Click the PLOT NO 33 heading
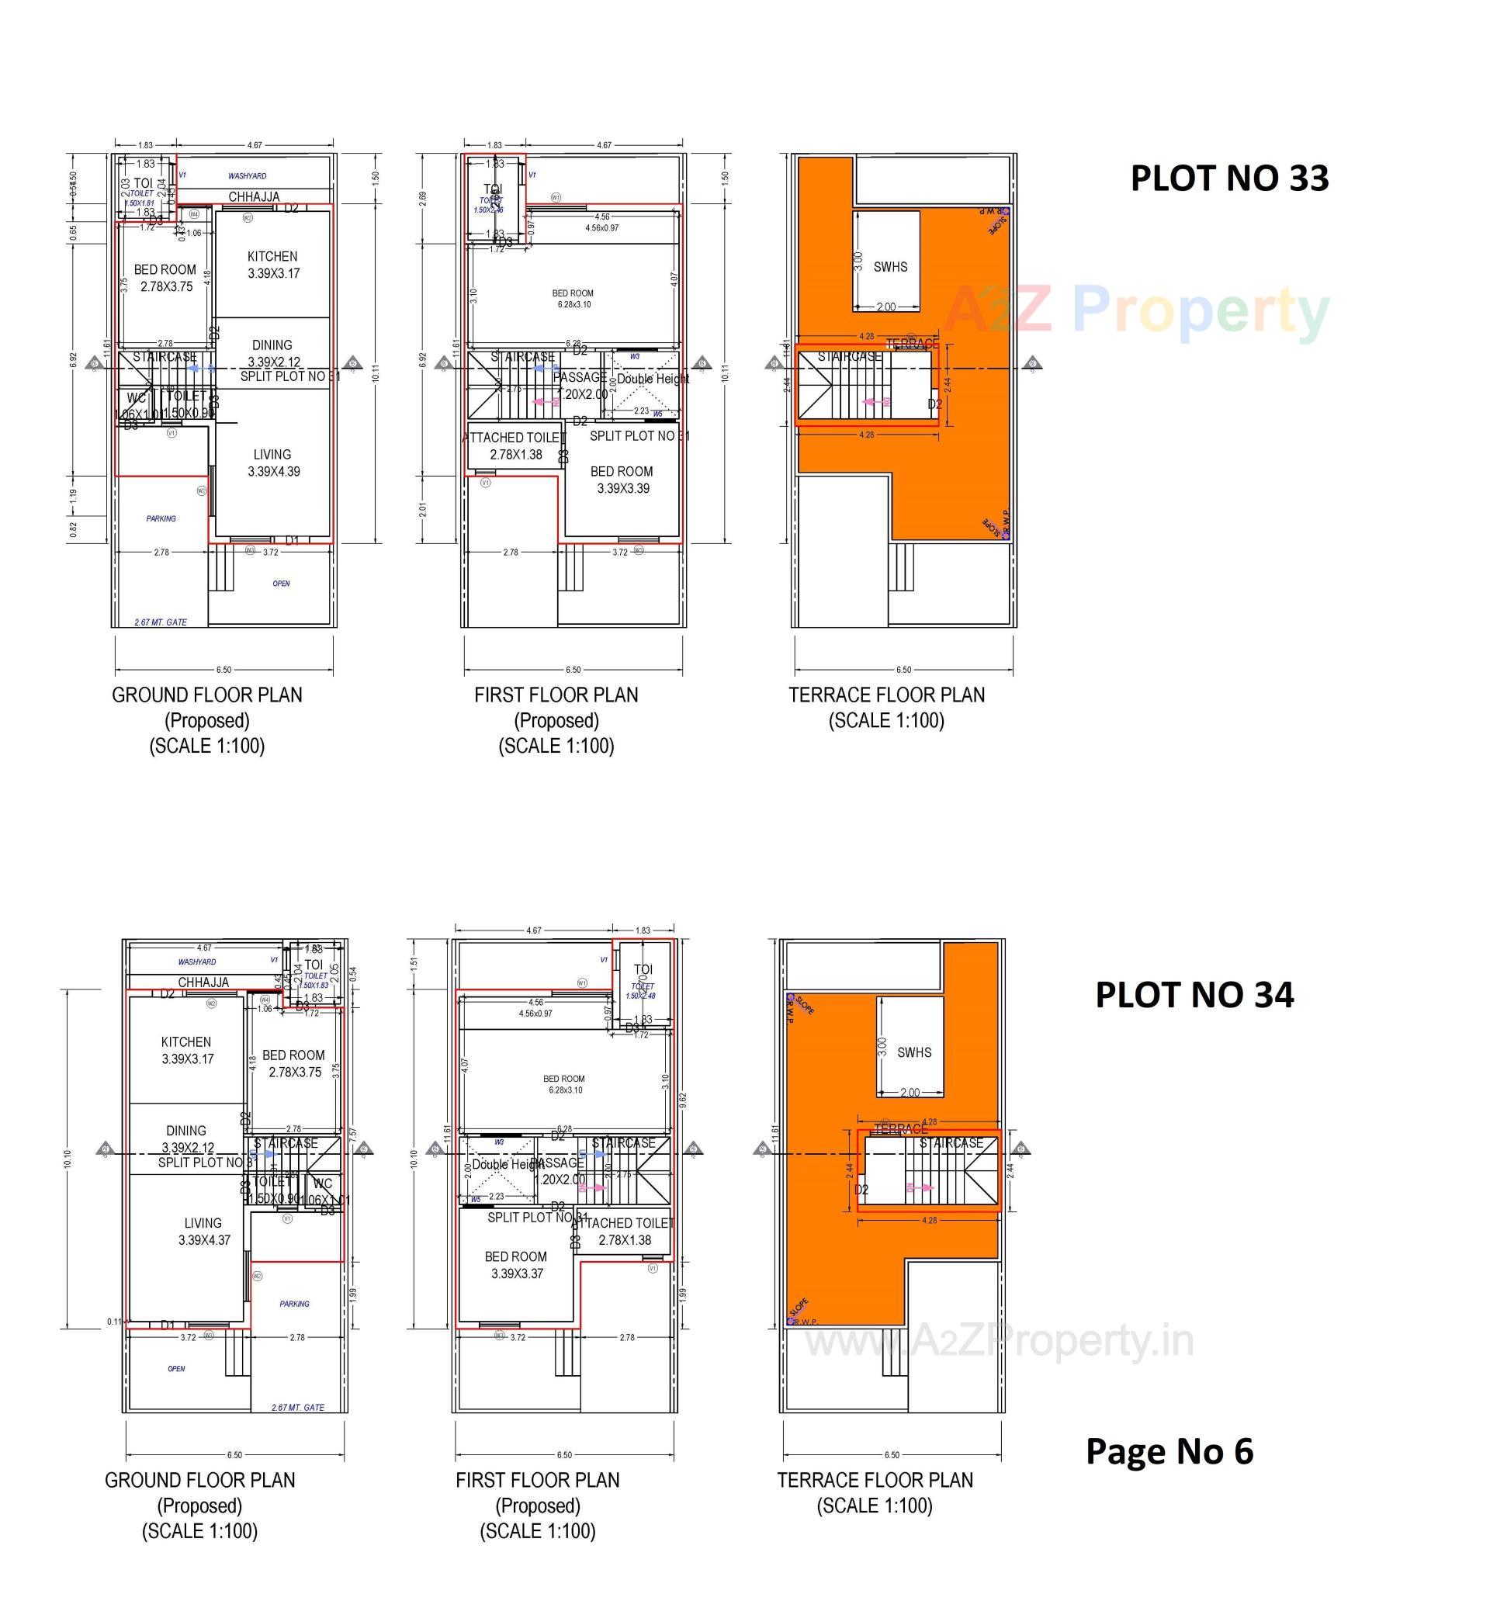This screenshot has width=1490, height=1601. (1229, 178)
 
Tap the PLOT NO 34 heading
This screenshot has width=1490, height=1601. (1194, 995)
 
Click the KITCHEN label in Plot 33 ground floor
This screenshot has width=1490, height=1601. (272, 257)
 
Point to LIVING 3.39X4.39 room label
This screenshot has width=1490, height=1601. (273, 463)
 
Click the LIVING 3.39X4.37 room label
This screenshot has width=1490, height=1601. (204, 1232)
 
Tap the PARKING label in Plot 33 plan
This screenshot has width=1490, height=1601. (161, 518)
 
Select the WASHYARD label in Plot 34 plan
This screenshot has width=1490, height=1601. (197, 962)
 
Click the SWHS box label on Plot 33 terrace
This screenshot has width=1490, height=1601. (890, 266)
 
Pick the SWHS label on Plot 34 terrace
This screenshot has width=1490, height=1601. (913, 1052)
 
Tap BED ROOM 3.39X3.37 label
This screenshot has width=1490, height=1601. (516, 1264)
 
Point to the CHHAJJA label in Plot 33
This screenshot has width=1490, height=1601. (254, 196)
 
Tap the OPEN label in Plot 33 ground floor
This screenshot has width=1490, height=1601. (281, 583)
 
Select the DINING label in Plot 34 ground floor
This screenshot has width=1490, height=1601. (186, 1131)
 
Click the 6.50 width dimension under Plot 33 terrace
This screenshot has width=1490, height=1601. (903, 669)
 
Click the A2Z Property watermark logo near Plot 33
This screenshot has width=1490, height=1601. (1135, 310)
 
